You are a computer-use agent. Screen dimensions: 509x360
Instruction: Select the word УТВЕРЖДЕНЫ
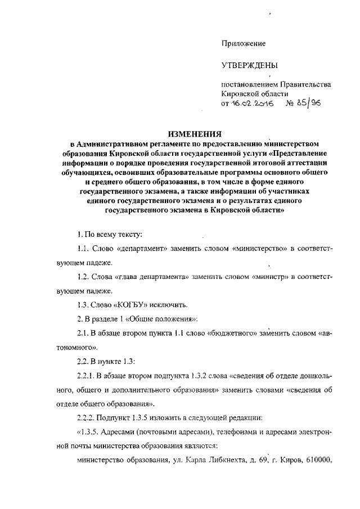(x=250, y=66)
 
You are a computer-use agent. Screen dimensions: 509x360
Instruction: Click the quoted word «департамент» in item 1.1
(x=132, y=249)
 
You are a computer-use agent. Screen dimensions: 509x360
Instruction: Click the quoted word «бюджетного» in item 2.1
(x=225, y=333)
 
